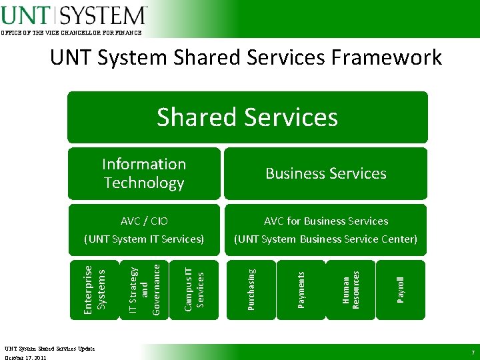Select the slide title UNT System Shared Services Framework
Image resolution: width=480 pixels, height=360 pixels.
[245, 57]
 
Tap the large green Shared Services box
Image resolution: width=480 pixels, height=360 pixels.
[247, 117]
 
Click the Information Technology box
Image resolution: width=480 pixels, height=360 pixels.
[144, 173]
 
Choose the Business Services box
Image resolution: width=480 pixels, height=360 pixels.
[325, 173]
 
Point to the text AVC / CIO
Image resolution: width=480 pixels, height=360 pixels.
[144, 221]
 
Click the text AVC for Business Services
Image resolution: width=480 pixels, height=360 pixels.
[325, 221]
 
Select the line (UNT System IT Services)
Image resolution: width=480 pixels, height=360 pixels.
[144, 239]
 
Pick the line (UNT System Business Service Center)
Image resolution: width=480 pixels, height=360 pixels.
[325, 239]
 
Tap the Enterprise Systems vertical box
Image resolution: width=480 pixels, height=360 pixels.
[93, 288]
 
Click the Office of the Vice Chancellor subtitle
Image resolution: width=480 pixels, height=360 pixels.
[71, 33]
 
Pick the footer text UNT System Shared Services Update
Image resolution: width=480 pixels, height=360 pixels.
[50, 348]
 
